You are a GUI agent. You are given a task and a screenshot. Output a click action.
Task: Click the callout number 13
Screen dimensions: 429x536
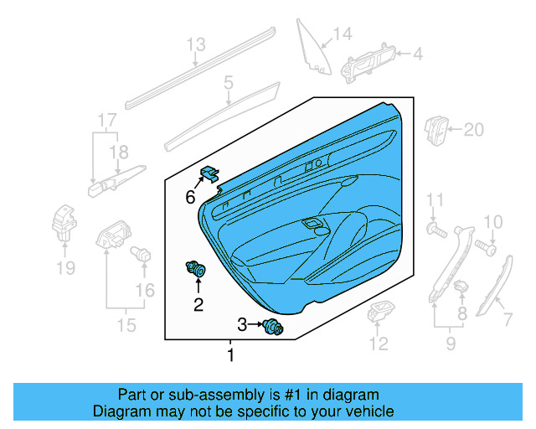tap(195, 45)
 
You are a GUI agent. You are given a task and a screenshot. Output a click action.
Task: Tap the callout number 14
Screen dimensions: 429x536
tap(343, 34)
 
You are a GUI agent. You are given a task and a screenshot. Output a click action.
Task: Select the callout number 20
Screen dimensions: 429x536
tap(474, 130)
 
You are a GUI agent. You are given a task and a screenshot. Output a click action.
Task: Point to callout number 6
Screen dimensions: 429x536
tap(189, 198)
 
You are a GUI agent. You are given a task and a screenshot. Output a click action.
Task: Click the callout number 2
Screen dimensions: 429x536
tap(198, 304)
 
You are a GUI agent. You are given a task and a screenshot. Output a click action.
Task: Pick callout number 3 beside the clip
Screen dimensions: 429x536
tap(242, 324)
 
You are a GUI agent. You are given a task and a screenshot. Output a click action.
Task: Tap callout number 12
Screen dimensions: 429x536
tap(379, 343)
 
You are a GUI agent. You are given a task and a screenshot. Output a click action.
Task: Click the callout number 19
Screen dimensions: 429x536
tap(65, 268)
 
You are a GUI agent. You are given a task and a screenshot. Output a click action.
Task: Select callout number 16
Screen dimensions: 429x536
tap(145, 290)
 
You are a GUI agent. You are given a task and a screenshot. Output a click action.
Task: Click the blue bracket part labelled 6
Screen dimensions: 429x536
tap(209, 174)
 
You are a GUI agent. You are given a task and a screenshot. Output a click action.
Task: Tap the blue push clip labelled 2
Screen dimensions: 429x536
tap(198, 270)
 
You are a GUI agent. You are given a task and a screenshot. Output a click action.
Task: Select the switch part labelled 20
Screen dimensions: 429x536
tap(437, 130)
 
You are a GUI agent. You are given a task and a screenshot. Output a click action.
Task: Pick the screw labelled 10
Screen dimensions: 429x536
tap(485, 247)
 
